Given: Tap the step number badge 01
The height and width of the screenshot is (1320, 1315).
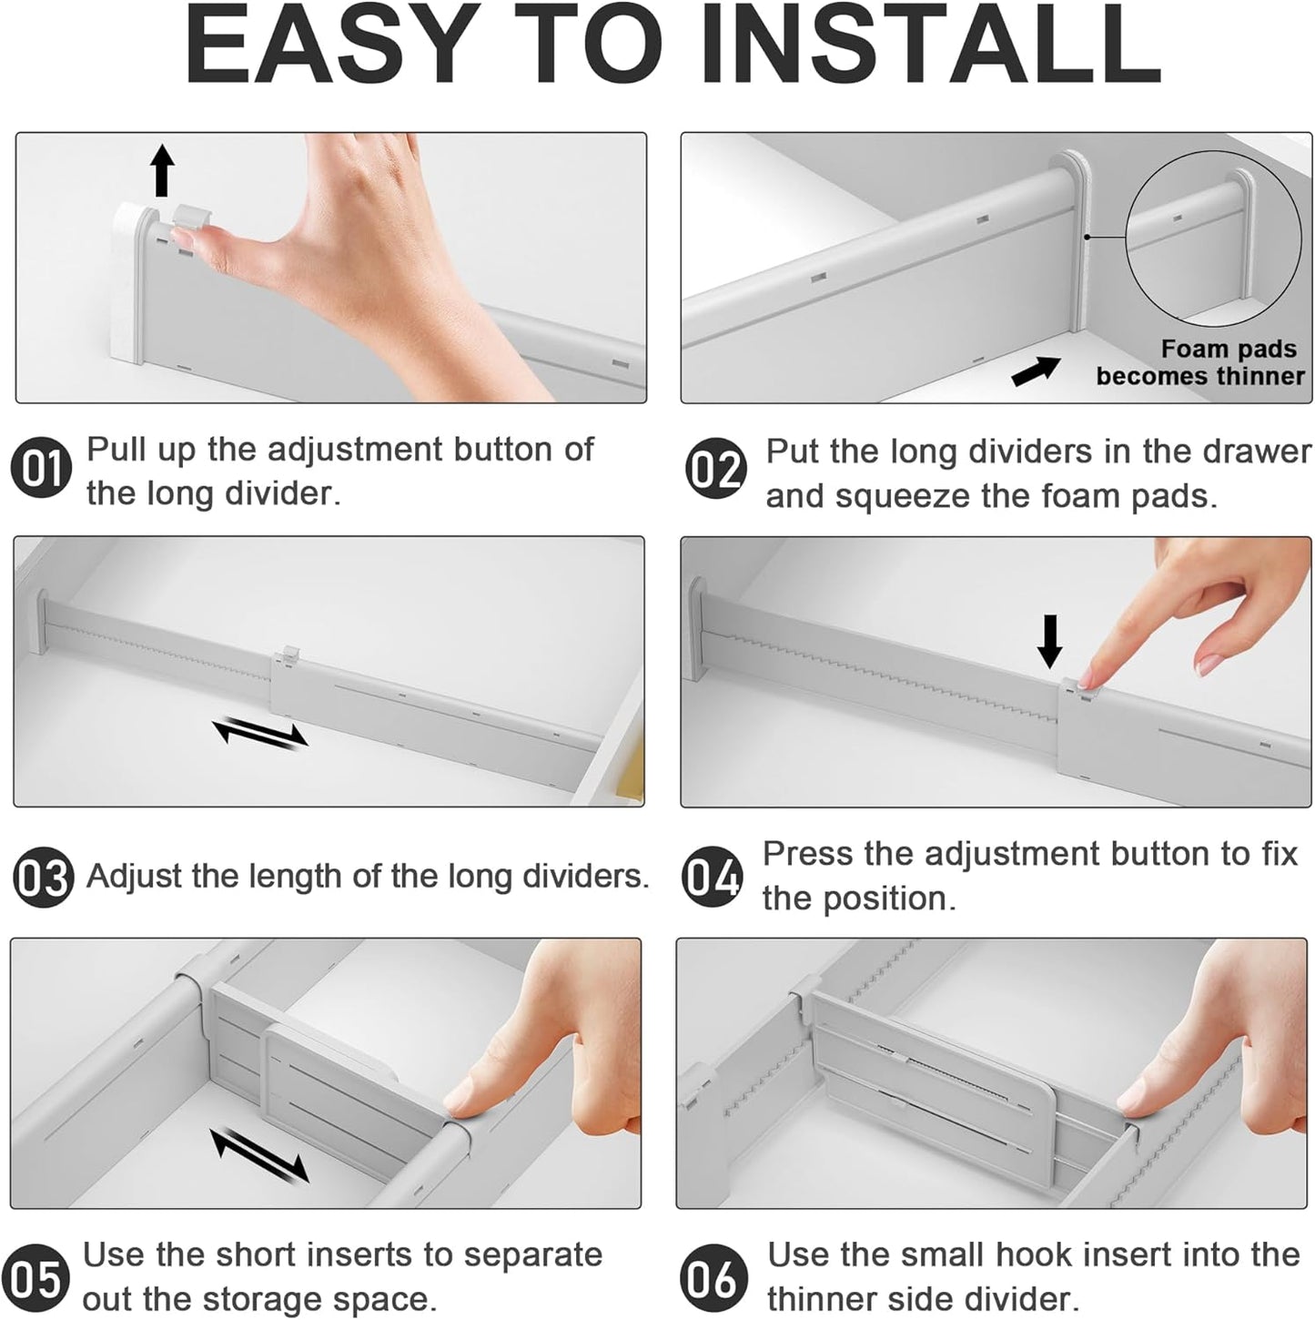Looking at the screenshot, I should tap(41, 470).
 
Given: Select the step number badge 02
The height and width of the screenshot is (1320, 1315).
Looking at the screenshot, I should tap(715, 472).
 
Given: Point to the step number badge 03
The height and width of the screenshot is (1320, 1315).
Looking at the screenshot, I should tap(43, 877).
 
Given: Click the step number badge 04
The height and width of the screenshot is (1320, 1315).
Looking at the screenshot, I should tap(713, 877).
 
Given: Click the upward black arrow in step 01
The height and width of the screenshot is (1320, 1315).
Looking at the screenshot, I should tap(162, 170).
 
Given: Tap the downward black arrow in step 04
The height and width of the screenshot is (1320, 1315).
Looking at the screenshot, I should tap(1050, 641).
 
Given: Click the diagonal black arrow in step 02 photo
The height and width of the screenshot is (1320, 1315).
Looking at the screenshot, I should tap(1036, 371).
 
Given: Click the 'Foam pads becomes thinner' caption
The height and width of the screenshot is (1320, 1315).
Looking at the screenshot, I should tap(1200, 362).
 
